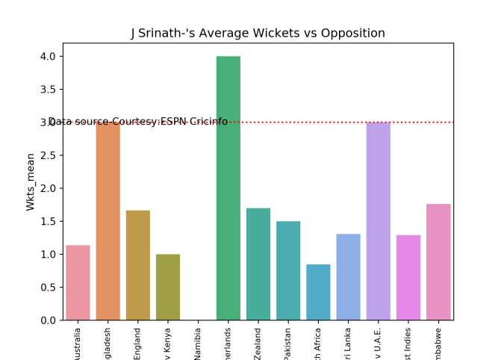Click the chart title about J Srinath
(258, 34)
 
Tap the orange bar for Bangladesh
(108, 221)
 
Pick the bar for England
(137, 265)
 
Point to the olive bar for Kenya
(168, 287)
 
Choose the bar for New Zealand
(258, 264)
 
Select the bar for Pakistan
(288, 270)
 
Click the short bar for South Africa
(318, 292)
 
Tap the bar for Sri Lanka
(348, 277)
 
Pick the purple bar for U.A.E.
(378, 221)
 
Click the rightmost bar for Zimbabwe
(438, 262)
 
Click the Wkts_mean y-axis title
(31, 181)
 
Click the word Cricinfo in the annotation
(207, 122)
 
